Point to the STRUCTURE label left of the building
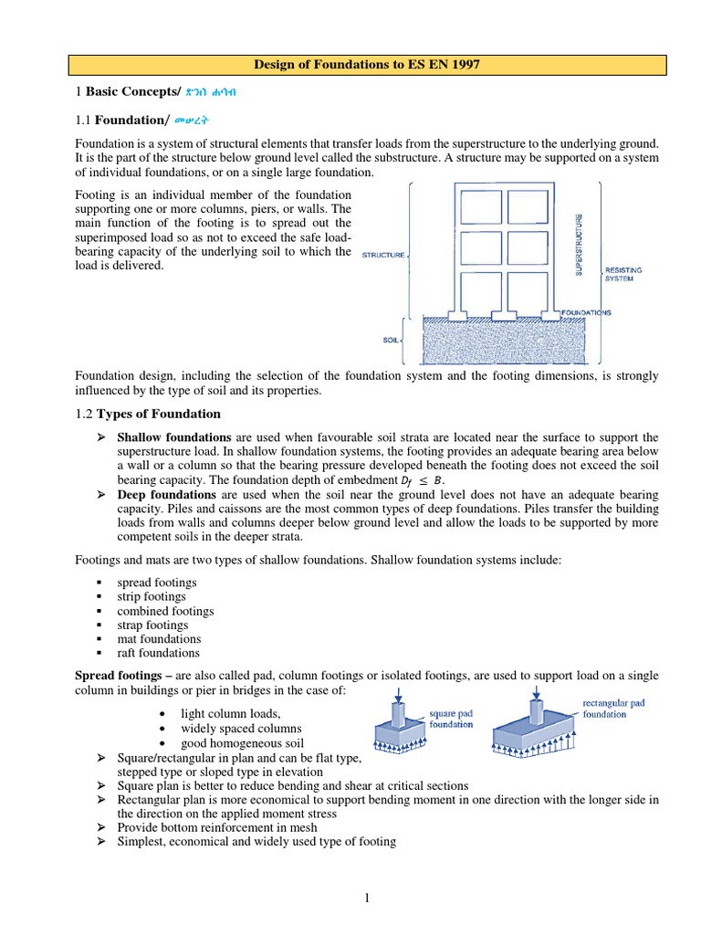click(x=383, y=256)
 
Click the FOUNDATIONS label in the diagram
click(x=586, y=312)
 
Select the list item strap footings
click(x=152, y=625)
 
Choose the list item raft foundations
click(x=158, y=653)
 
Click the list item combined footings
click(x=165, y=611)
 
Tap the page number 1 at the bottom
click(x=367, y=898)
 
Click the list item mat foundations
click(x=159, y=639)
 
